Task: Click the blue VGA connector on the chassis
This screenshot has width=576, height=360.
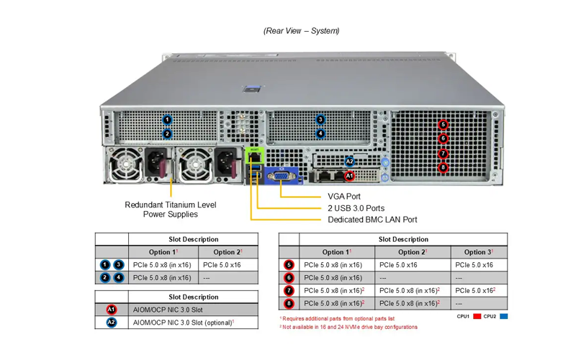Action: (x=282, y=176)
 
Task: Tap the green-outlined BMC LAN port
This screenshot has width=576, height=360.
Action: (x=254, y=156)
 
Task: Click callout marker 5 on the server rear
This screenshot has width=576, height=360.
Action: (x=443, y=125)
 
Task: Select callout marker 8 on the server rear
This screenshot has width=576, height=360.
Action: (x=443, y=168)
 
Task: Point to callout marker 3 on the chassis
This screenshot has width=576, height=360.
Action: (x=320, y=120)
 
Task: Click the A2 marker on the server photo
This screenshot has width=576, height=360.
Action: (x=349, y=161)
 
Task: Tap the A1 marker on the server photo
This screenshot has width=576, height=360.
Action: (x=349, y=176)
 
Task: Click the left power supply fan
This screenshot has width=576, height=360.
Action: (x=125, y=164)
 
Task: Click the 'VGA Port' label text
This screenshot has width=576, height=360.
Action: (x=344, y=197)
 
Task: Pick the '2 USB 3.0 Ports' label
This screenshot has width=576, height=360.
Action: (x=356, y=208)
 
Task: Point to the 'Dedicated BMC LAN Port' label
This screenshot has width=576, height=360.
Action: (x=372, y=220)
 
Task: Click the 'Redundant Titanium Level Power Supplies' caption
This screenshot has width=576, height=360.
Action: (x=171, y=210)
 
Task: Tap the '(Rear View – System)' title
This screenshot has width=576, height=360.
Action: (x=301, y=31)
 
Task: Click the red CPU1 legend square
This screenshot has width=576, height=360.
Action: (x=477, y=316)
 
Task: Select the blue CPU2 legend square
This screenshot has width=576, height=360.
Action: (x=503, y=316)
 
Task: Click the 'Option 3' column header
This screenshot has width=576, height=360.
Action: (x=479, y=252)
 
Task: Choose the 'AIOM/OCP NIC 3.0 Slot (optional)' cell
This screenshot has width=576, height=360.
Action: (x=184, y=323)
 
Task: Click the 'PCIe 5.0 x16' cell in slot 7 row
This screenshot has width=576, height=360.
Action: (x=475, y=291)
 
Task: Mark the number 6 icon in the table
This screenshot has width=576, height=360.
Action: (x=289, y=278)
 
